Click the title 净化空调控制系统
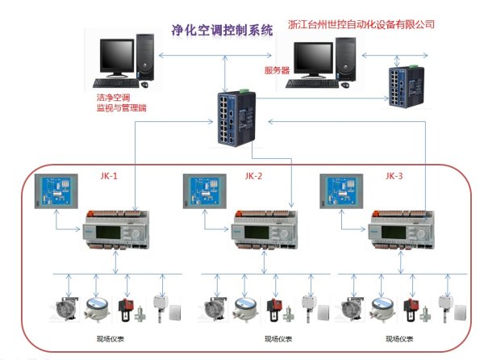(x=223, y=31)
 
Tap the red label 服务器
(x=277, y=70)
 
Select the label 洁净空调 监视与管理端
(x=120, y=103)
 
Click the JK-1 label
(x=108, y=176)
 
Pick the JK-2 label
(x=255, y=176)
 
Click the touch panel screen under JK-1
(x=65, y=193)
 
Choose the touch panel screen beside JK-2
(x=208, y=193)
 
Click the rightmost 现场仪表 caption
(x=396, y=340)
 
